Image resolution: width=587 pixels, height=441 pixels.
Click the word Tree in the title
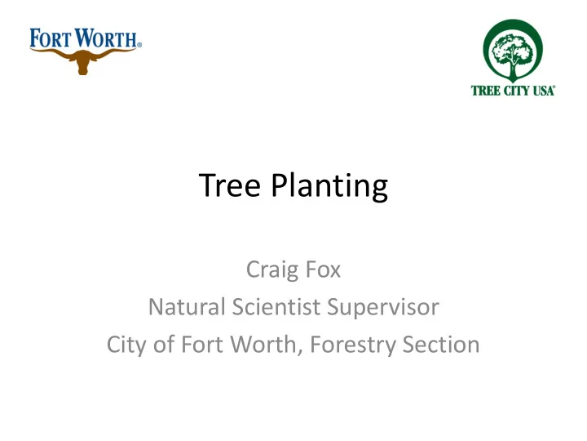pos(229,185)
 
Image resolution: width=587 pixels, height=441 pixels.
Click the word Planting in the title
pos(329,187)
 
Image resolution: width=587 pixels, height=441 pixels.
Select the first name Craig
pos(272,270)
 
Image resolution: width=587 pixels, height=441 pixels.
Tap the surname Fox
pos(323,269)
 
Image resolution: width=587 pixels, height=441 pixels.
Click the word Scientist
pos(276,307)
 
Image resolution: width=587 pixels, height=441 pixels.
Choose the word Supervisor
pos(383,308)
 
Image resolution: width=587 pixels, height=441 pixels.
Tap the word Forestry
pos(353,345)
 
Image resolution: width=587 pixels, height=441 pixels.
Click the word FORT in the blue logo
pos(50,38)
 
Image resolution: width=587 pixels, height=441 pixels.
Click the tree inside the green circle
pos(513,56)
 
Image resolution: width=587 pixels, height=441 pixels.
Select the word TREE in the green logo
pos(486,91)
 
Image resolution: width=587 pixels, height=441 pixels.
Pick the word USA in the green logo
pos(544,91)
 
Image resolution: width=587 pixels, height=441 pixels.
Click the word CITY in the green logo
pos(517,91)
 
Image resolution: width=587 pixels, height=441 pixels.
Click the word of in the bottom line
pos(164,345)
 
